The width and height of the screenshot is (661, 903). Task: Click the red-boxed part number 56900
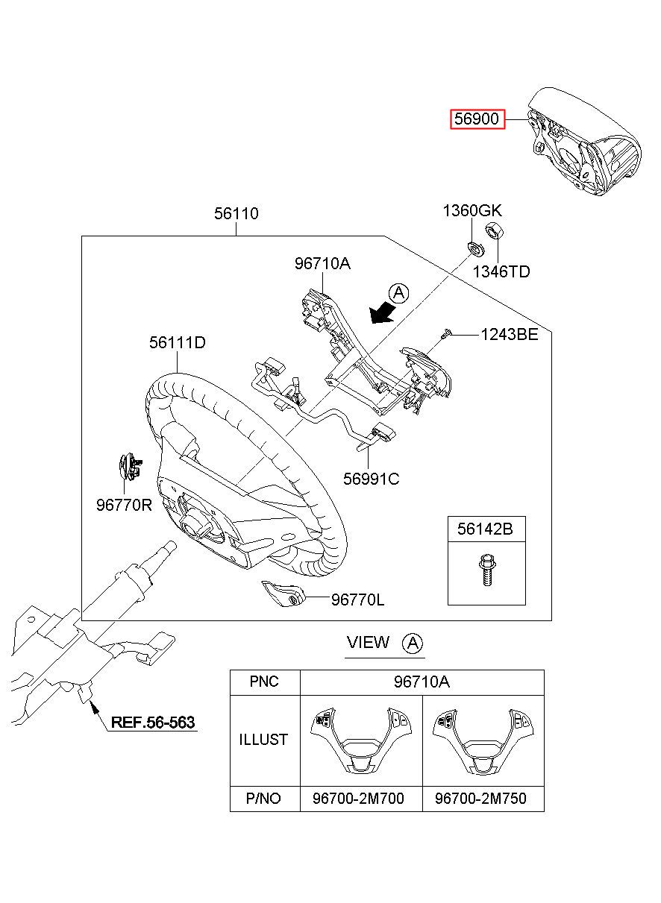tap(477, 119)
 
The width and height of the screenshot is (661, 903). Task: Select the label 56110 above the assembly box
tap(236, 214)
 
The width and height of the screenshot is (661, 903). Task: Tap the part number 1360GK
tap(472, 211)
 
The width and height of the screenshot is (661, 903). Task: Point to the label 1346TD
tap(501, 271)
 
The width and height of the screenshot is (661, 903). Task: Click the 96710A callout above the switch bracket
tap(322, 264)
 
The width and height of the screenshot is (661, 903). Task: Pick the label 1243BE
tap(509, 335)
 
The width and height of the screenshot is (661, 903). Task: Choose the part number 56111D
tap(178, 343)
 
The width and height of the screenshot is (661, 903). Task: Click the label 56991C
tap(371, 479)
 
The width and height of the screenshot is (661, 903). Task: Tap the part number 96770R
tap(124, 505)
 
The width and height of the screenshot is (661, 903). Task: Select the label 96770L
tap(358, 599)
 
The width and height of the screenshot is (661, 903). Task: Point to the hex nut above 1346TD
tap(493, 230)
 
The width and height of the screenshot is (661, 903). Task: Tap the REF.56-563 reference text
tap(152, 723)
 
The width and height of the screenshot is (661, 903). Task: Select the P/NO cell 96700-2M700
tap(358, 799)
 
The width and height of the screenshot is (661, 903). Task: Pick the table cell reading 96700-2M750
tap(480, 799)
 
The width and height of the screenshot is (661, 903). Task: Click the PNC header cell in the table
tap(264, 682)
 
